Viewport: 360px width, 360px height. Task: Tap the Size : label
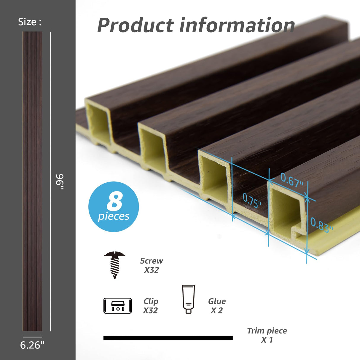tap(30, 22)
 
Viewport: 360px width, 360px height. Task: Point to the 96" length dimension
tap(60, 182)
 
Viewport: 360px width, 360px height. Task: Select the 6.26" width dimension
tap(32, 345)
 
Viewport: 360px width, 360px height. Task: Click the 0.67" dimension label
tap(292, 180)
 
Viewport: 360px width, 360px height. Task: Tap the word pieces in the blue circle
tap(114, 216)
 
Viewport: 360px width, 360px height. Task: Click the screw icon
tap(114, 265)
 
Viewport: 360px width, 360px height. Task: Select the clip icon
tap(117, 306)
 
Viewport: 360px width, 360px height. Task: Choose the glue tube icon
tap(188, 299)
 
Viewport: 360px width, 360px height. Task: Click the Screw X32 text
tap(152, 265)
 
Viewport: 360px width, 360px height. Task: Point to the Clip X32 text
tap(151, 306)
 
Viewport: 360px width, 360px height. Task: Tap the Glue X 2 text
tap(217, 306)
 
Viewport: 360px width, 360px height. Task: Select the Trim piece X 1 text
tap(267, 335)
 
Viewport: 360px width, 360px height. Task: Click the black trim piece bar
tap(168, 338)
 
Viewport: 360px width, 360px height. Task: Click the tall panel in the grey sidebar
tap(32, 181)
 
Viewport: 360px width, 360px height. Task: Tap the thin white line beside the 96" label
tap(51, 119)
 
